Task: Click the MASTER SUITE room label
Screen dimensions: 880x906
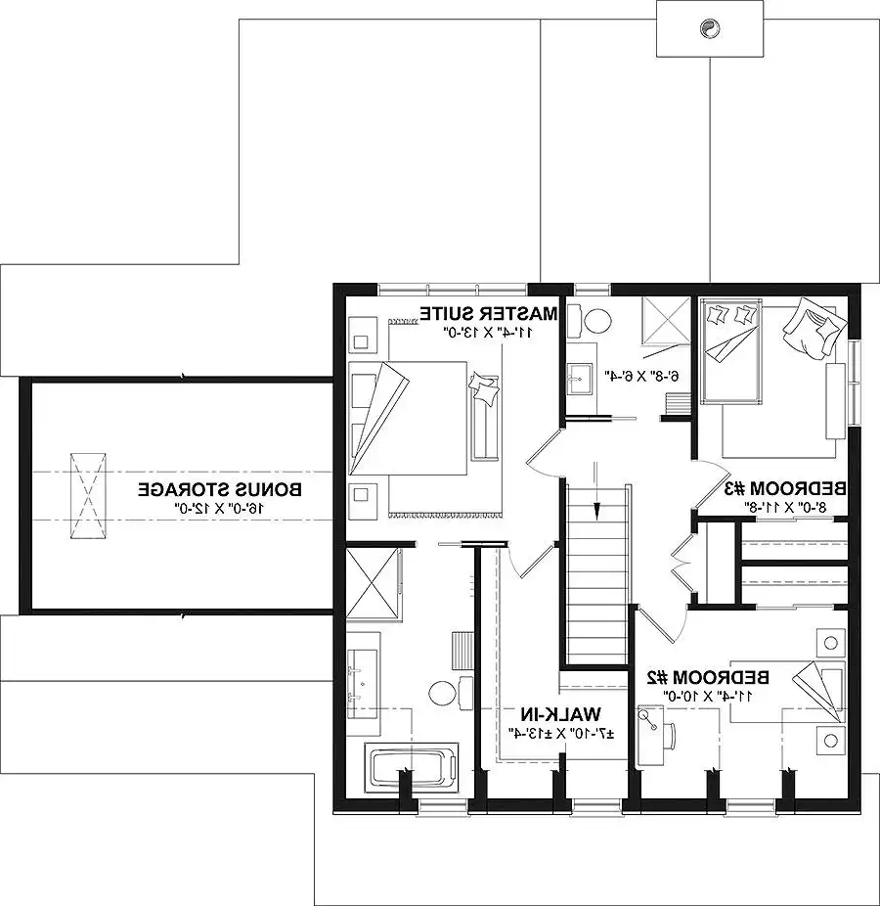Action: coord(489,314)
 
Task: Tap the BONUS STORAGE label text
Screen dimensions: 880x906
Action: coord(219,490)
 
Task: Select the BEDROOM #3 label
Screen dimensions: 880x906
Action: coord(785,489)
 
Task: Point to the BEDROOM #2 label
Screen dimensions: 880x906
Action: coord(708,677)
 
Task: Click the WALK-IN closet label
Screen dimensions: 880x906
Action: coord(561,715)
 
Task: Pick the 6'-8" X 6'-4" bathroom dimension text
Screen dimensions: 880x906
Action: coord(641,376)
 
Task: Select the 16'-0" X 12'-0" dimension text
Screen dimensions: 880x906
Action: coord(219,509)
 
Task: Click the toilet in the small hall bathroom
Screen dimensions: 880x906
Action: coord(591,320)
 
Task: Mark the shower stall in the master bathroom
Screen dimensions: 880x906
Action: coord(372,582)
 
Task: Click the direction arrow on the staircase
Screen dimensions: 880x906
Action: coord(597,490)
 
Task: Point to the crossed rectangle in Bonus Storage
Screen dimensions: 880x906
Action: coord(88,496)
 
